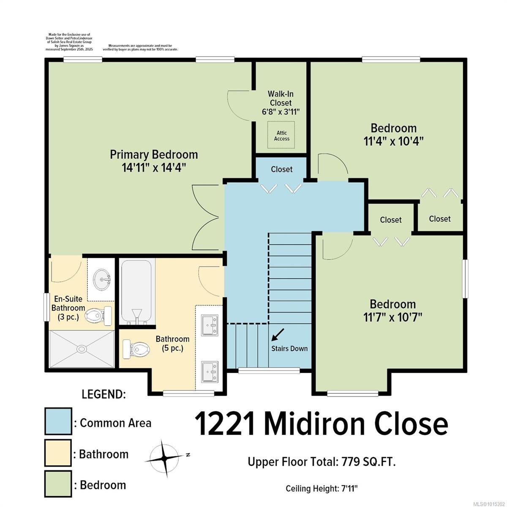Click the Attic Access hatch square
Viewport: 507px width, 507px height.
coord(281,135)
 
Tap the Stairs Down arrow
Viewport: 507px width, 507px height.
coord(278,334)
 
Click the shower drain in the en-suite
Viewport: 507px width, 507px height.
coord(82,349)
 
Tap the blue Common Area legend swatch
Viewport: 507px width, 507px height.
coord(58,421)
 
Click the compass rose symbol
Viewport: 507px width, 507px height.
coord(164,458)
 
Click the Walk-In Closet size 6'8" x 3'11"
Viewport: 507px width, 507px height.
coord(281,112)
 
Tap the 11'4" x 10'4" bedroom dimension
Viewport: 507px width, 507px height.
coord(394,142)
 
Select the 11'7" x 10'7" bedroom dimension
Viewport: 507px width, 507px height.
coord(393,317)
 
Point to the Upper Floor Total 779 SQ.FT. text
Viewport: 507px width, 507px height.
coord(322,461)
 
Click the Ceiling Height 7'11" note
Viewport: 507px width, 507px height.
coord(322,488)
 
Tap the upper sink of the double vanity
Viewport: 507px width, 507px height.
coord(210,325)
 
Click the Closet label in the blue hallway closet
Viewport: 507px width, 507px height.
coord(281,169)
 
